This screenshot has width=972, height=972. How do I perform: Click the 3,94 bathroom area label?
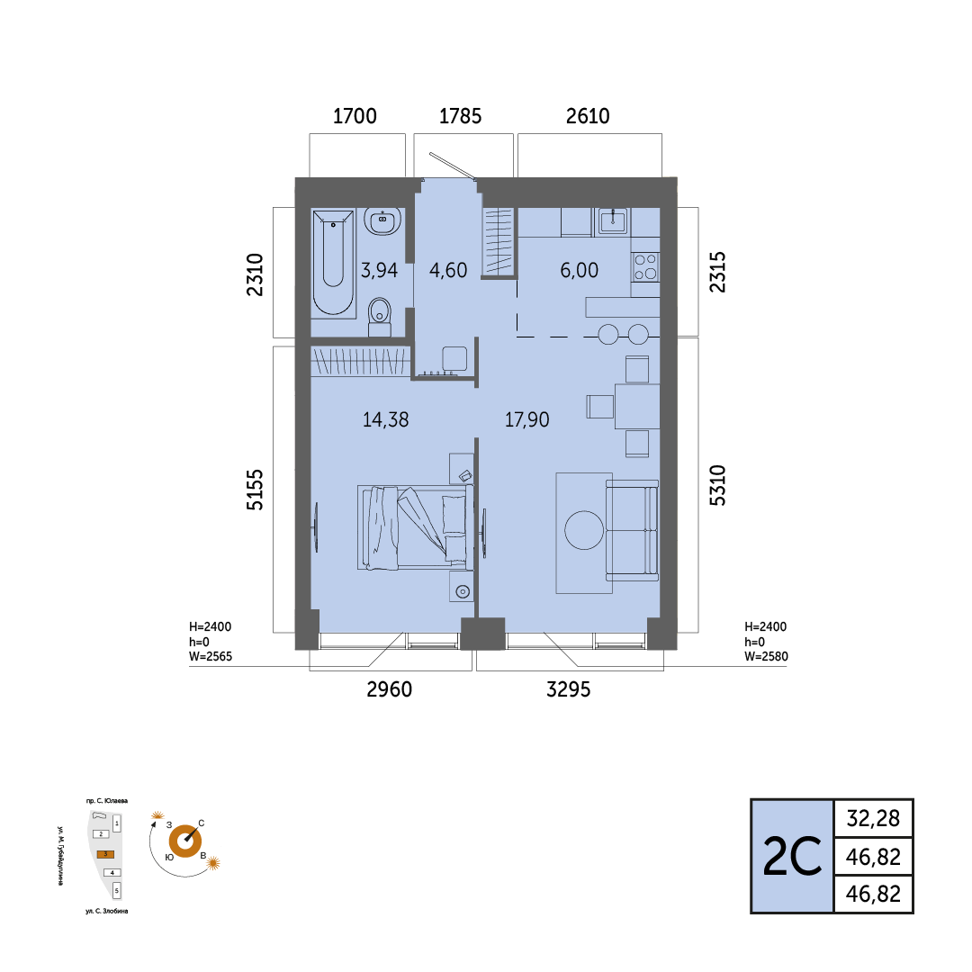pyautogui.click(x=380, y=270)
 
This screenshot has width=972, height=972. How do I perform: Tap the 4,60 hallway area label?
pyautogui.click(x=448, y=270)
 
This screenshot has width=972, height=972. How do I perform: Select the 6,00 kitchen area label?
pyautogui.click(x=579, y=270)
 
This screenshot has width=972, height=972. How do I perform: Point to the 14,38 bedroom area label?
pyautogui.click(x=385, y=419)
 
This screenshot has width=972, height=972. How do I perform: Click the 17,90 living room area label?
pyautogui.click(x=526, y=419)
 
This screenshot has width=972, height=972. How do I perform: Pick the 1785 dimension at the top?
pyautogui.click(x=460, y=116)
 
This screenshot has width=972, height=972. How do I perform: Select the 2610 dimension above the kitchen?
pyautogui.click(x=588, y=116)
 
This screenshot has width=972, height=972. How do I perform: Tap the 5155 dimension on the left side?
pyautogui.click(x=255, y=490)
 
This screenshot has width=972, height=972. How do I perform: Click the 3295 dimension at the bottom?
pyautogui.click(x=569, y=689)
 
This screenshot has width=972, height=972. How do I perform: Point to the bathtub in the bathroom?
pyautogui.click(x=334, y=262)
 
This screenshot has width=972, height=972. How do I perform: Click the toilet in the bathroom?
pyautogui.click(x=380, y=316)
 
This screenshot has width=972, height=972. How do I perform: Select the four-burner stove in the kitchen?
pyautogui.click(x=645, y=267)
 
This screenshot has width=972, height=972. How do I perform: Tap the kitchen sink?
pyautogui.click(x=613, y=221)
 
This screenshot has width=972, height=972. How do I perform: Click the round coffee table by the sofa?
pyautogui.click(x=584, y=531)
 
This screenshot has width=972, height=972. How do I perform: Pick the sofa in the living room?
pyautogui.click(x=632, y=531)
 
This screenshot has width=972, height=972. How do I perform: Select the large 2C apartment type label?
pyautogui.click(x=792, y=857)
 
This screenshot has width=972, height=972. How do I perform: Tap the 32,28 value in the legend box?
pyautogui.click(x=873, y=819)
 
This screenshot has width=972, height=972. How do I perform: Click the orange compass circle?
pyautogui.click(x=185, y=841)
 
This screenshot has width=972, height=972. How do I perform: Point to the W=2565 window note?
pyautogui.click(x=211, y=656)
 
